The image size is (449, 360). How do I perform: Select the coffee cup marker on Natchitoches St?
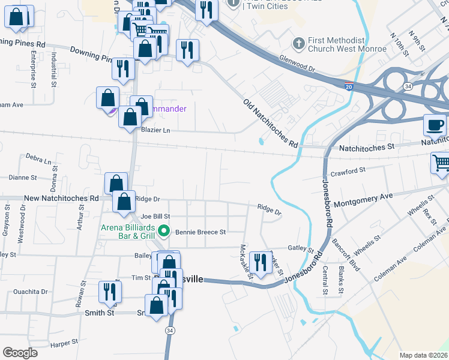pos(435,125)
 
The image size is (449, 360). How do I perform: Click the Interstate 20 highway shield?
pos(349,87)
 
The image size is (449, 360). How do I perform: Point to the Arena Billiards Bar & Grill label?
pos(128,232)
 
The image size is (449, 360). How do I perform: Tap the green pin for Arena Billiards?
pos(162,231)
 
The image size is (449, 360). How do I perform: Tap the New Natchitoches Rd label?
pos(61,198)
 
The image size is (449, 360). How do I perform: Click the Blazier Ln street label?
pos(155,130)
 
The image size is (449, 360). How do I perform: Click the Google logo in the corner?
pos(20,353)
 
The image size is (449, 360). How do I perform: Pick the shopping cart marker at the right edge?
pos(441,163)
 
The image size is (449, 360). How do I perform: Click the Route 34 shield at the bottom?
pos(170,331)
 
